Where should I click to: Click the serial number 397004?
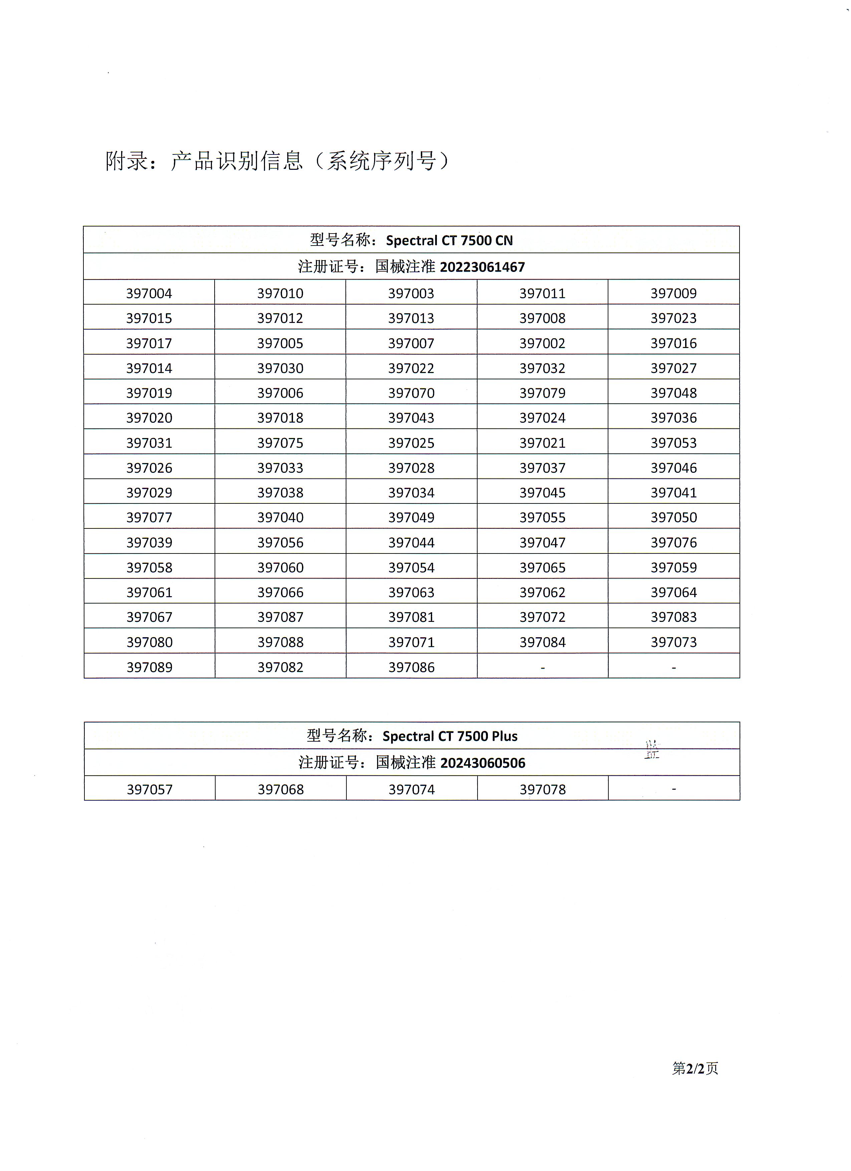(149, 293)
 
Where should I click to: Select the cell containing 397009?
(673, 293)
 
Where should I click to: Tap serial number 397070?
(411, 393)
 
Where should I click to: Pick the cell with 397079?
(542, 393)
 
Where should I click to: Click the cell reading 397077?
(149, 517)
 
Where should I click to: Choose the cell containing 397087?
(280, 617)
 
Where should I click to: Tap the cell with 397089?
(149, 667)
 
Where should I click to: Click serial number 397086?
(411, 667)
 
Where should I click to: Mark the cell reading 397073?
(673, 642)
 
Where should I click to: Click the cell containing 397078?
(543, 789)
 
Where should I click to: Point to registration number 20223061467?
(482, 267)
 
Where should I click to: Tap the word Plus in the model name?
(503, 736)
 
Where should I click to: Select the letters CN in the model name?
(504, 241)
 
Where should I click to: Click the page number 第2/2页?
(694, 1069)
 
